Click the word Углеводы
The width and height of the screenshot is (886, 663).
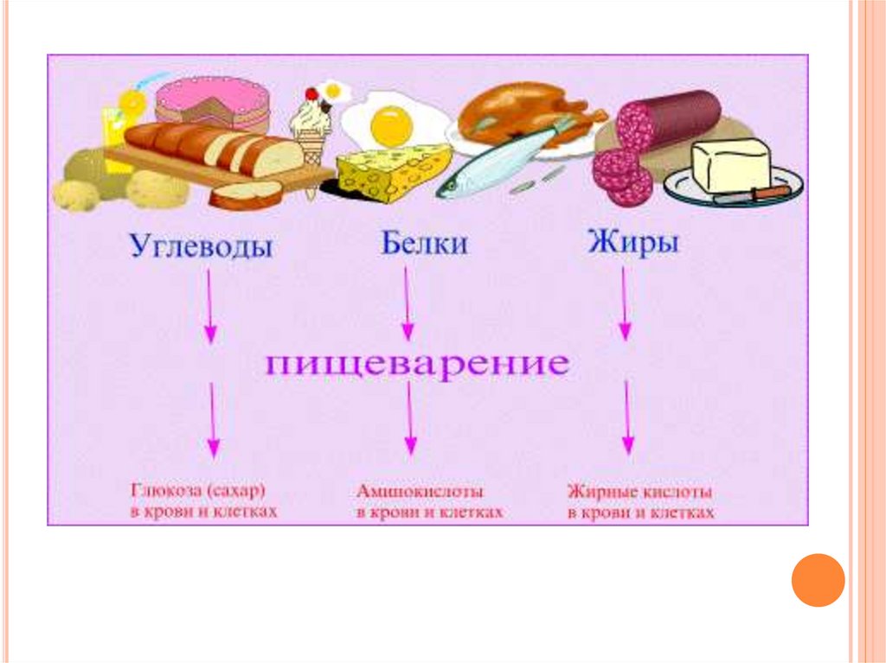click(x=201, y=246)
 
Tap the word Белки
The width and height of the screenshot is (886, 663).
click(x=424, y=243)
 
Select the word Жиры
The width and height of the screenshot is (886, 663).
click(x=632, y=242)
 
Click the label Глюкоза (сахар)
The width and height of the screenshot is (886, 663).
click(x=199, y=491)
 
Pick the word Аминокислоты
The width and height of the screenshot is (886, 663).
click(x=421, y=491)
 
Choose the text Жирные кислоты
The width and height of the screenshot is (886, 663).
click(x=640, y=492)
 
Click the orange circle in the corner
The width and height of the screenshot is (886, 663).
click(x=818, y=580)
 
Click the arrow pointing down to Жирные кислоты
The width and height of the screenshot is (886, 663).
click(x=627, y=419)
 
